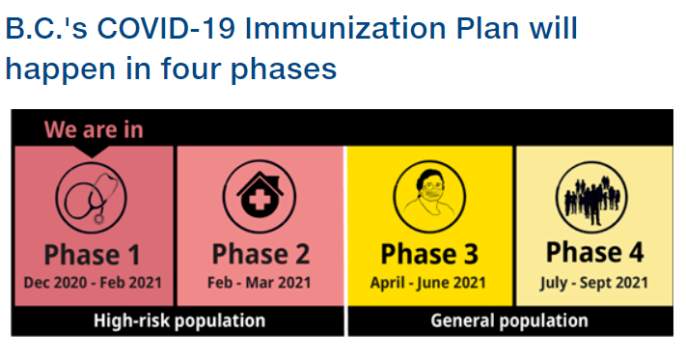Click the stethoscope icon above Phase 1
pyautogui.click(x=92, y=197)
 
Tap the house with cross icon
pyautogui.click(x=260, y=196)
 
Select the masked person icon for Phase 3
pyautogui.click(x=429, y=196)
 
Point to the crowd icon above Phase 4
pyautogui.click(x=591, y=197)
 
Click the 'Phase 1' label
pyautogui.click(x=92, y=255)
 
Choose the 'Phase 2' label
pyautogui.click(x=261, y=254)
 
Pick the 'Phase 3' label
pyautogui.click(x=429, y=254)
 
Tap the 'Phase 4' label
pyautogui.click(x=595, y=253)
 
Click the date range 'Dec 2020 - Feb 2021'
pyautogui.click(x=93, y=283)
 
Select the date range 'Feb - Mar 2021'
pyautogui.click(x=260, y=283)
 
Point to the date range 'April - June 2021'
pyautogui.click(x=428, y=283)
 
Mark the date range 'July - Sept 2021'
pyautogui.click(x=593, y=283)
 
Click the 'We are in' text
pyautogui.click(x=94, y=130)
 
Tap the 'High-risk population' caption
pyautogui.click(x=179, y=321)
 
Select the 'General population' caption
pyautogui.click(x=509, y=321)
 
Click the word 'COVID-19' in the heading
pyautogui.click(x=166, y=28)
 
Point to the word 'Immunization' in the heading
pyautogui.click(x=346, y=28)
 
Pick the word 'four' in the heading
pyautogui.click(x=191, y=69)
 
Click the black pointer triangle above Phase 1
pyautogui.click(x=92, y=152)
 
